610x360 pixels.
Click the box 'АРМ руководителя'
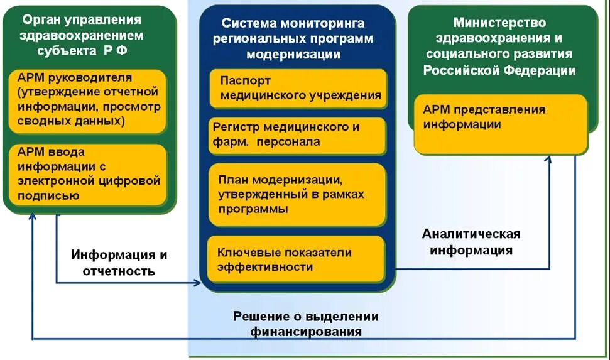point(88,101)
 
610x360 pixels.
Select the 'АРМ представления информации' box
point(501,124)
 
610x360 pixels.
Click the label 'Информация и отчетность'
point(119,263)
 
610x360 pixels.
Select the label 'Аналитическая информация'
point(471,243)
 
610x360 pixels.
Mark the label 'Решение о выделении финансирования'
point(306,324)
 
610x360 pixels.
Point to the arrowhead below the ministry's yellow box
point(548,160)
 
